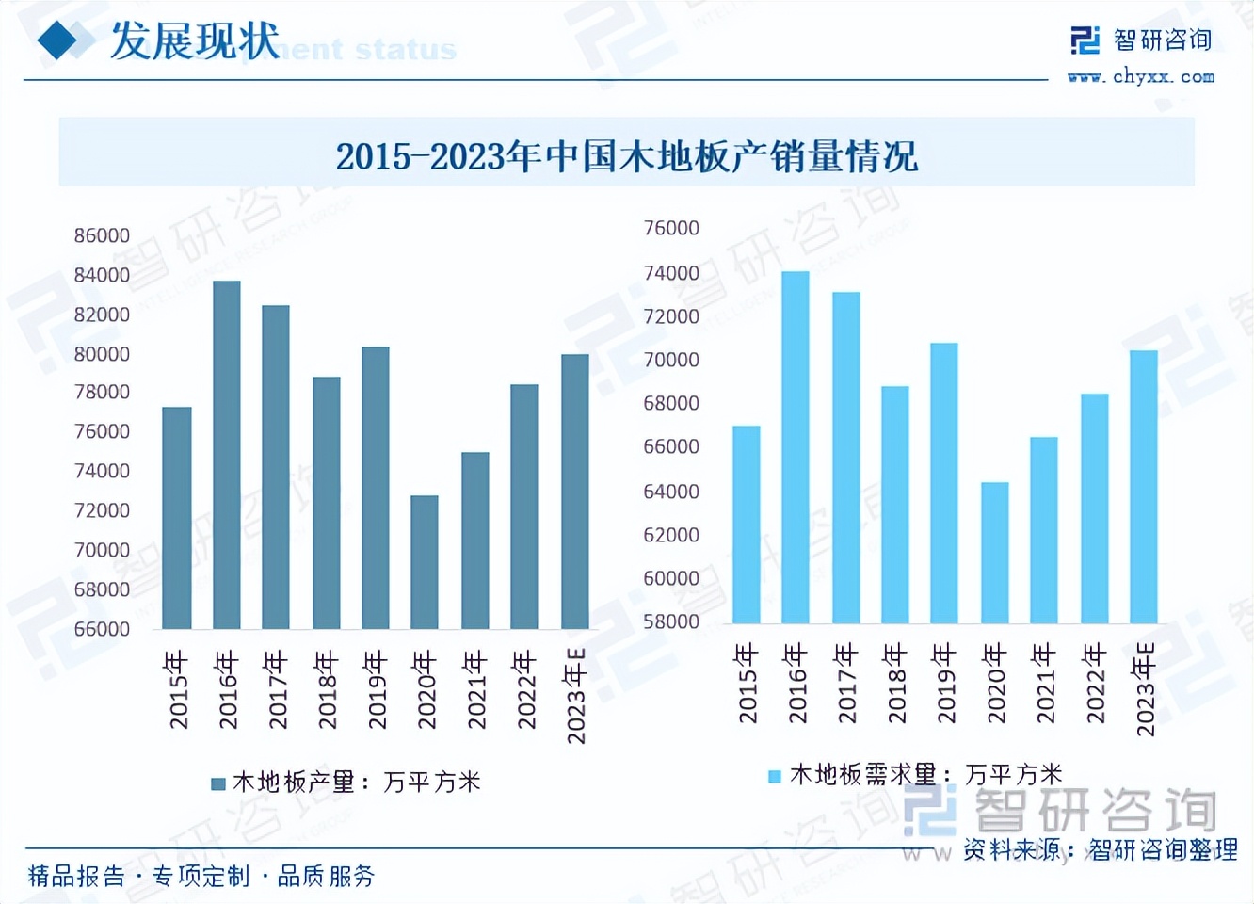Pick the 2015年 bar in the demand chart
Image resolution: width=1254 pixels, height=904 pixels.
747,525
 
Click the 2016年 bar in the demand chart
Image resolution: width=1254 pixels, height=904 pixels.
796,447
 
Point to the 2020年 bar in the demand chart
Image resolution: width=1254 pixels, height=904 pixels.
995,553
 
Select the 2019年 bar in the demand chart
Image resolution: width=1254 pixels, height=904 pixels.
944,483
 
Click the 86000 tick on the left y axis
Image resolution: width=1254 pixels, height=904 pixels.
102,235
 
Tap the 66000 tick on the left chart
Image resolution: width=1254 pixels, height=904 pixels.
102,629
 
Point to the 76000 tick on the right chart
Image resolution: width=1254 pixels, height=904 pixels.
671,228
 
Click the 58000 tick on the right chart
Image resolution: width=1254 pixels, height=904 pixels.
671,621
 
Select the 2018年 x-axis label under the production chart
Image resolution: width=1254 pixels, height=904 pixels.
327,689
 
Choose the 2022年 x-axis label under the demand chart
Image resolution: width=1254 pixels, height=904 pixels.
1094,684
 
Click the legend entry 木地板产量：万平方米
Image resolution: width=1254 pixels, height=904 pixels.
346,782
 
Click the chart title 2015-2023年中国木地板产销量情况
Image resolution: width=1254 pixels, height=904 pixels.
626,155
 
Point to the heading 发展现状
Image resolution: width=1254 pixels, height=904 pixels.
194,41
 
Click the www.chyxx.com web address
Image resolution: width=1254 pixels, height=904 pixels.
1141,77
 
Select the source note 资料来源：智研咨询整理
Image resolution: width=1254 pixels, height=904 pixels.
1100,849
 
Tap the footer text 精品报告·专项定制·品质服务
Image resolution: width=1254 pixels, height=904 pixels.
201,877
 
